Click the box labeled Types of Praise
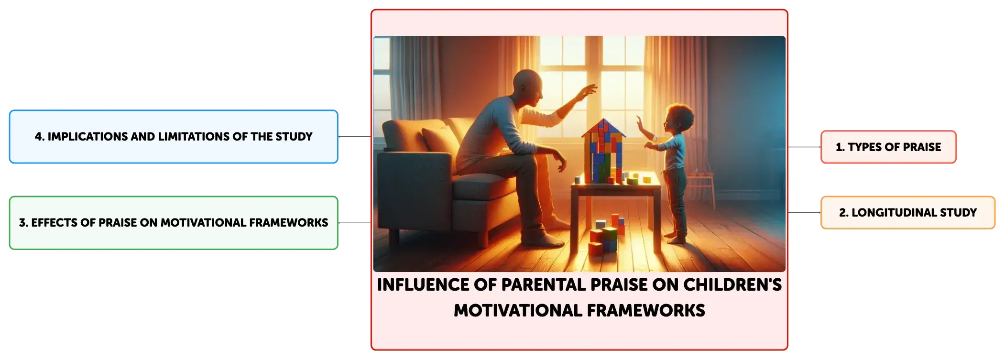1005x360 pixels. coord(888,147)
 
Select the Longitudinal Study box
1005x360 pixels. coord(907,212)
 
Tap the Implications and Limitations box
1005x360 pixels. coord(174,137)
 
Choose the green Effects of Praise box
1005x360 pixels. coord(174,223)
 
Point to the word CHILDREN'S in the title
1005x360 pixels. coord(732,284)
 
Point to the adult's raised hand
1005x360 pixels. coord(588,91)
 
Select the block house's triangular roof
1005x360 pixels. coord(603,128)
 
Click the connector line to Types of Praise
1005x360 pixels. coord(804,147)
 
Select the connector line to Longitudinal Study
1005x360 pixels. coord(804,212)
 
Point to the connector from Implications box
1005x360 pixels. coord(355,137)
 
